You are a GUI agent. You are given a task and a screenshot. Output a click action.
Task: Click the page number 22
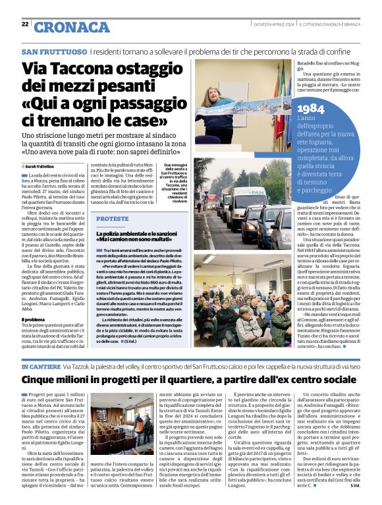pyautogui.click(x=25, y=24)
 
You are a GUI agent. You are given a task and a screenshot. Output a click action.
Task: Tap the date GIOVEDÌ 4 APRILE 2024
pyautogui.click(x=275, y=24)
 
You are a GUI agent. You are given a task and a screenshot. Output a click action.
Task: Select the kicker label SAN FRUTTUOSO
pyautogui.click(x=53, y=51)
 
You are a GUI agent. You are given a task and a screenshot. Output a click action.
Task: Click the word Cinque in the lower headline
pyautogui.click(x=43, y=380)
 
